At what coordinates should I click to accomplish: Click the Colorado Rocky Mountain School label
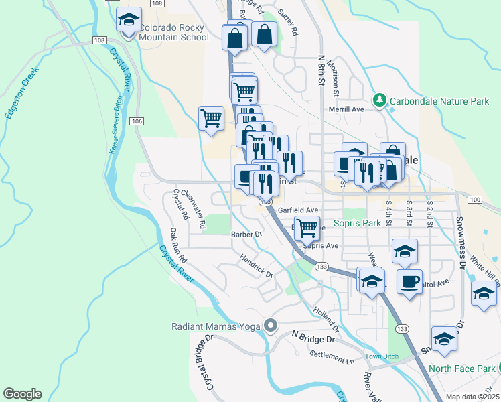coord(174,33)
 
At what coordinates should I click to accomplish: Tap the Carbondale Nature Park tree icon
coord(380,101)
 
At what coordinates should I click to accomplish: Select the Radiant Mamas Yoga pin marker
coord(271,326)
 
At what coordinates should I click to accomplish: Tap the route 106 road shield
coord(137,121)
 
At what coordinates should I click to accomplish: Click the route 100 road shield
coord(474,200)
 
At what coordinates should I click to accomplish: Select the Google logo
coord(22,394)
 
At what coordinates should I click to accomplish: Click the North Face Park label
coord(461,368)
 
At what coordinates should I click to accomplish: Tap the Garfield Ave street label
coord(298,210)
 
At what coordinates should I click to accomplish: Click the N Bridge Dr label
coord(314,337)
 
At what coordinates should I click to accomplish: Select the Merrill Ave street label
coord(346,109)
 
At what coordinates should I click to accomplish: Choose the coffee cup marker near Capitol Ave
coord(409,281)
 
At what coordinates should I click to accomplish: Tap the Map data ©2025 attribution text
coord(471,397)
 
